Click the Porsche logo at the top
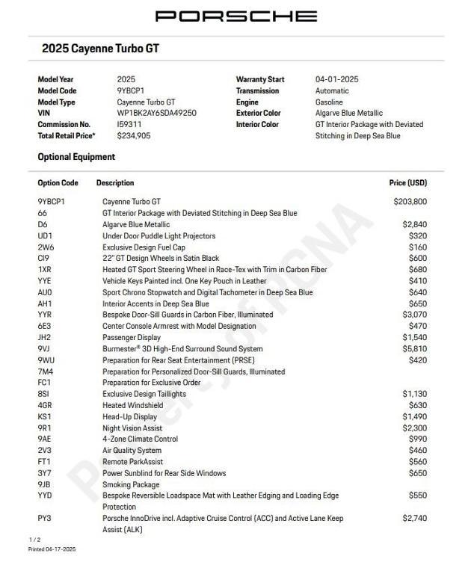point(236,16)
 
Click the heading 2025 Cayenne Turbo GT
point(100,49)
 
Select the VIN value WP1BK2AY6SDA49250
point(156,113)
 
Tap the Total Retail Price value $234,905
point(133,135)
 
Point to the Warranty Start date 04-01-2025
point(336,79)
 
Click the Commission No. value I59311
point(129,124)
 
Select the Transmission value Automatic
point(332,90)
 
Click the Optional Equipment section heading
point(76,157)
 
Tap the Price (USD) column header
point(407,182)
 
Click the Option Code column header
point(58,182)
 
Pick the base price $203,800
point(410,201)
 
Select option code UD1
point(45,235)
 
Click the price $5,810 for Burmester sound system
point(414,348)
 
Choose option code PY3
point(44,518)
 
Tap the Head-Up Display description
point(129,416)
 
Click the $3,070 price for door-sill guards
point(414,315)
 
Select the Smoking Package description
point(130,484)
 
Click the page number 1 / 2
point(34,539)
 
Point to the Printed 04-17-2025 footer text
point(52,549)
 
